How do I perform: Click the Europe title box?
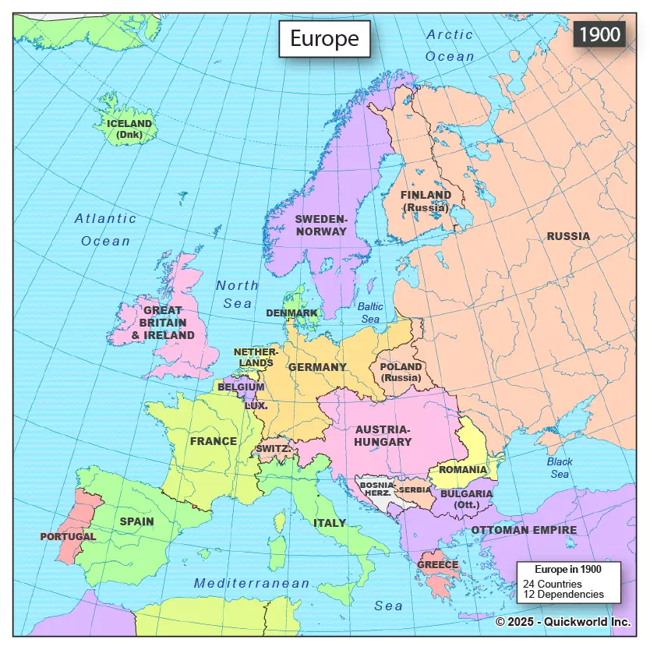click(x=324, y=39)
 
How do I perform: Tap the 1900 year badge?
click(x=599, y=34)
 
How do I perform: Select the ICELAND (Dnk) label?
click(x=129, y=129)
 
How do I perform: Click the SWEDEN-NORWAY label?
click(x=320, y=225)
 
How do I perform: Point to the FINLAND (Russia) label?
click(x=426, y=201)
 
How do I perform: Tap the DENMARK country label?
click(x=291, y=313)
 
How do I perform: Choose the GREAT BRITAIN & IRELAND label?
click(x=163, y=323)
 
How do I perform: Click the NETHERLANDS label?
click(x=256, y=357)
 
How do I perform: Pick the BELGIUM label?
click(x=241, y=387)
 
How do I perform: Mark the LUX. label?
click(x=256, y=405)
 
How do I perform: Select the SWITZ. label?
click(x=274, y=449)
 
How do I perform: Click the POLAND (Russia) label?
click(x=401, y=373)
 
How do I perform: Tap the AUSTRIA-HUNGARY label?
click(x=383, y=436)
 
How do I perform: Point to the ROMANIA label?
click(x=462, y=470)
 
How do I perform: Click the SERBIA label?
click(x=414, y=489)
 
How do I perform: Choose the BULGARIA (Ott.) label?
click(x=466, y=499)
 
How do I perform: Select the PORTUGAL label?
click(x=68, y=536)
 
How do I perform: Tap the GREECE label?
click(x=437, y=564)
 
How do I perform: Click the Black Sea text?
click(x=560, y=468)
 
